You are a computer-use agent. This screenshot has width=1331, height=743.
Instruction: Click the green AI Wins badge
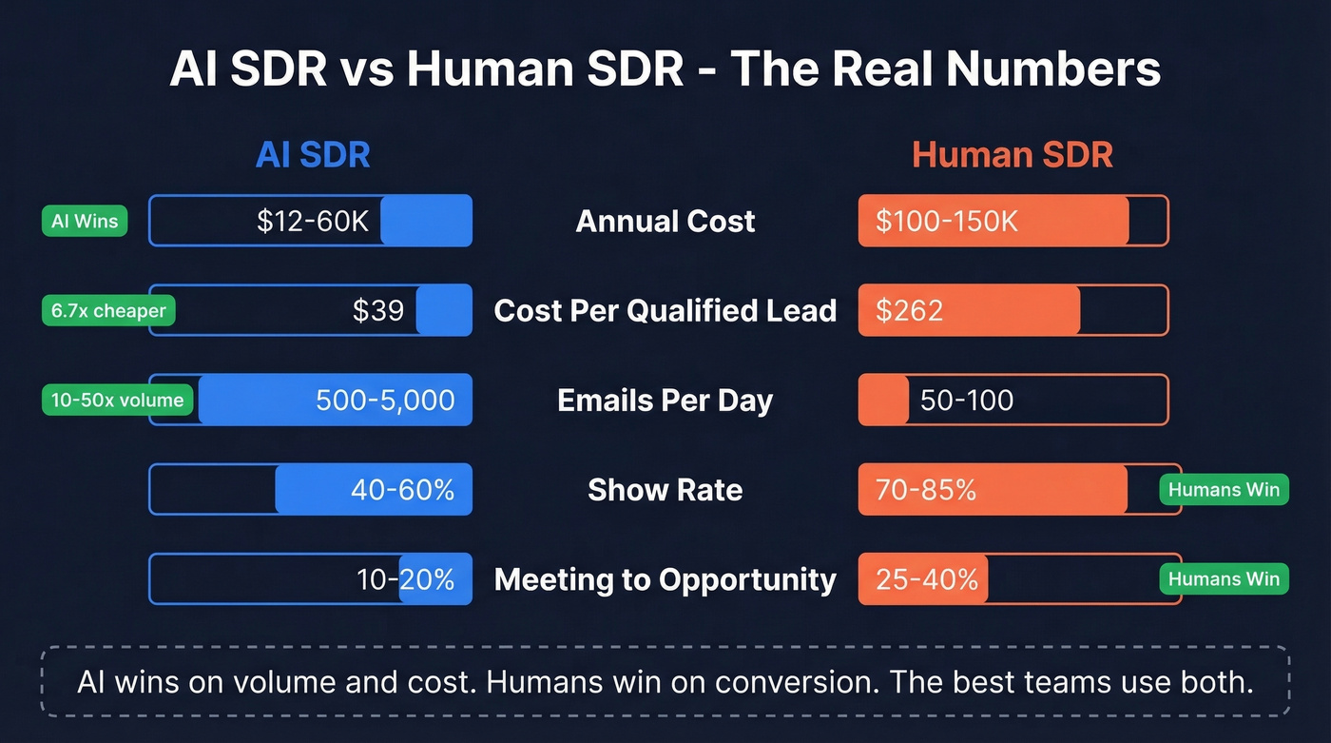tap(85, 222)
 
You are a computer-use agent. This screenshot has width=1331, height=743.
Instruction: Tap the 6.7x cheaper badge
tap(108, 311)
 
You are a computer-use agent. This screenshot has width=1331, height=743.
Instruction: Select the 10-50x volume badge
tap(118, 401)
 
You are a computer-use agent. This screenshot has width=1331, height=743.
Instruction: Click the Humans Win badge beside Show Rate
tap(1224, 490)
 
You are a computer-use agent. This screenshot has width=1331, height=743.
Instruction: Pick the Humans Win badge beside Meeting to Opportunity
tap(1224, 579)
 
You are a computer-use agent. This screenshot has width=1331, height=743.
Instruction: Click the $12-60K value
tap(313, 222)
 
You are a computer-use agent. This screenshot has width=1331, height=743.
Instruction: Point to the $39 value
tap(378, 311)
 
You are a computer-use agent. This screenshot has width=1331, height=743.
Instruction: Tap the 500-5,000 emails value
tap(385, 401)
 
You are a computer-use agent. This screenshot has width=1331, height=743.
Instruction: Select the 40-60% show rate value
tap(402, 490)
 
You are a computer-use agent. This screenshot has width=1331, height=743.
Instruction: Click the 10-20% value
tap(405, 579)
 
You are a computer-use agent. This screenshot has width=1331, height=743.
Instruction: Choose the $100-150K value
tap(947, 222)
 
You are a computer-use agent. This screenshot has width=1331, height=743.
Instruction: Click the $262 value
tap(910, 311)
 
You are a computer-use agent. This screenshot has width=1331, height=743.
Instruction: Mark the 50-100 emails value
tap(967, 401)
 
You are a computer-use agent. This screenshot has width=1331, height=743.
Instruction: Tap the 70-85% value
tap(926, 490)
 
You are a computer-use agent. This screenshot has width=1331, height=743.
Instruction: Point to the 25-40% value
tap(927, 579)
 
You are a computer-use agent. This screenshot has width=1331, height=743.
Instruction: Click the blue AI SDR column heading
tap(313, 155)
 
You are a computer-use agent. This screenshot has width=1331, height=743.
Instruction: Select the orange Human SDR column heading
tap(1013, 155)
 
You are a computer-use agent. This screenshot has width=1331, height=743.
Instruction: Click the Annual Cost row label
tap(665, 222)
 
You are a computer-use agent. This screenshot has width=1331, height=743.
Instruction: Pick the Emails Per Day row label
tap(665, 401)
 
